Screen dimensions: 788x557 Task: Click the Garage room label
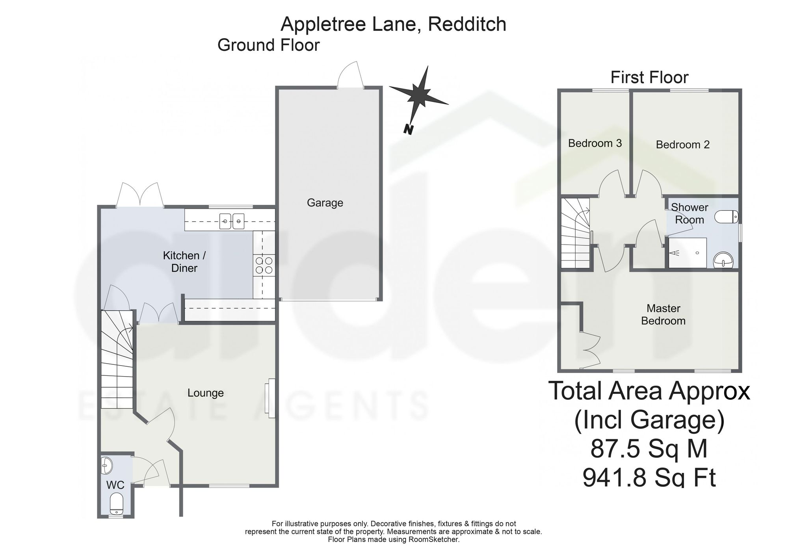coord(325,203)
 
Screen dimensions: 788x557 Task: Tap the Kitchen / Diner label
coord(184,262)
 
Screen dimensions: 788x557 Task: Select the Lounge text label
coord(206,393)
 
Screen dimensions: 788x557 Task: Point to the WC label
coord(115,485)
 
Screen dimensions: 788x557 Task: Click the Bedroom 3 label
coord(595,143)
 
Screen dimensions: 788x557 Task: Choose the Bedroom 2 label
coord(683,145)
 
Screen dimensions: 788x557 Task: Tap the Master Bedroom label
coord(663,314)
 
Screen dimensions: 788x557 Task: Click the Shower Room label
coord(689,214)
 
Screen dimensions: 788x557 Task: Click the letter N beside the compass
coord(408,130)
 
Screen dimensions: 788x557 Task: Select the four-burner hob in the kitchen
coord(264,264)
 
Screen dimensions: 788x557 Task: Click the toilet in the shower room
coord(726,216)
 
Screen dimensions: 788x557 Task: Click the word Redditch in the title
coord(467,24)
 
